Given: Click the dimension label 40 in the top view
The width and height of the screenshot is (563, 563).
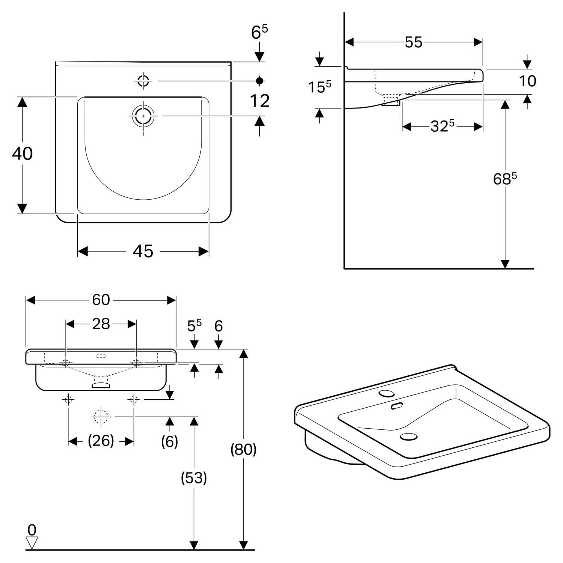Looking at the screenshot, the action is click(23, 154).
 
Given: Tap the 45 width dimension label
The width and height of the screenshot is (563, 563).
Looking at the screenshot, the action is click(143, 251).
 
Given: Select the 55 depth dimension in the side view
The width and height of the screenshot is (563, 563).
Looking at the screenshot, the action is click(414, 42).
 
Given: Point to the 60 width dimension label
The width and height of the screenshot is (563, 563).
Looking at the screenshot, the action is click(101, 300).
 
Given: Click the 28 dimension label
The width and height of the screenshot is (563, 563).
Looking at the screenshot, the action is click(101, 324).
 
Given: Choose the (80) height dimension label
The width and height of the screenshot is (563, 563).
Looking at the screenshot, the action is click(244, 449).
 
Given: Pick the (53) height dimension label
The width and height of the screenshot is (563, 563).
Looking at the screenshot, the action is click(194, 477).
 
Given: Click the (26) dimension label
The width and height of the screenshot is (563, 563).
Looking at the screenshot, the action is click(101, 440).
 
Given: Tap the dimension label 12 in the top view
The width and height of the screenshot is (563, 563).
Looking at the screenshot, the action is click(260, 101).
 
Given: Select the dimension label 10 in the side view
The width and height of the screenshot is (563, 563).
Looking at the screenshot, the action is click(527, 81).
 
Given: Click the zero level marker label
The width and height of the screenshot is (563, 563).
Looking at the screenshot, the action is click(32, 530).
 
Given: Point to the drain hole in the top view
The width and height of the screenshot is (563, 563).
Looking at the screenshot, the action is click(143, 116).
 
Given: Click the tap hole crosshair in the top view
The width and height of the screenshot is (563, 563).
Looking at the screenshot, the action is click(143, 81).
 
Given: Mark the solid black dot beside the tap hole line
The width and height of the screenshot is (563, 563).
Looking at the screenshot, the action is click(260, 81).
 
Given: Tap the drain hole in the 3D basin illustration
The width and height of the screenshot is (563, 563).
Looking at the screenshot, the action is click(409, 437).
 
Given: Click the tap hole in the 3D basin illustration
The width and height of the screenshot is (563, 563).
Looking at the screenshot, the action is click(387, 393).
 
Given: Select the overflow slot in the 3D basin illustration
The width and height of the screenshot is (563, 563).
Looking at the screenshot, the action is click(397, 406).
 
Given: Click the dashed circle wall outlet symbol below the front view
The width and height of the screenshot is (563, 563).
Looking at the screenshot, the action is click(101, 417).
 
